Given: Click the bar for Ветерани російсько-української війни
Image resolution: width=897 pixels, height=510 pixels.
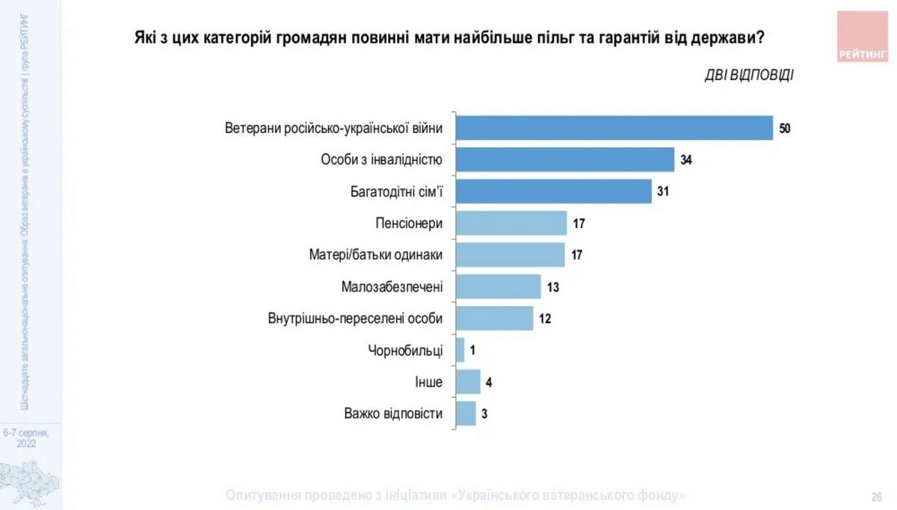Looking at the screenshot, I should click(x=614, y=128).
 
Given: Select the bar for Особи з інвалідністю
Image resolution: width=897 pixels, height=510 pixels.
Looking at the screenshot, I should click(x=565, y=159).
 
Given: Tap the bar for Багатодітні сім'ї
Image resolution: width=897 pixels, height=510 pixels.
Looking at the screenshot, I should click(x=553, y=191).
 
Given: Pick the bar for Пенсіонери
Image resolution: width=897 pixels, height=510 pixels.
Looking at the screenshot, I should click(x=511, y=223).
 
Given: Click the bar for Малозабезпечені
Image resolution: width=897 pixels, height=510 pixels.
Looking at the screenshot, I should click(x=498, y=286).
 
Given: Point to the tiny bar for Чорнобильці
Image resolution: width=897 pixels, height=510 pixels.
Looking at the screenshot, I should click(x=460, y=350).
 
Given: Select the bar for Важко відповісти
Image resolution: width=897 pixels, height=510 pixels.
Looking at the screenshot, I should click(x=465, y=414).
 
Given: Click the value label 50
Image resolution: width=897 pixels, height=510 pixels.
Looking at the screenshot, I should click(x=784, y=129).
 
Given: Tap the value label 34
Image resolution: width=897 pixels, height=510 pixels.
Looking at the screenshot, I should click(x=686, y=160).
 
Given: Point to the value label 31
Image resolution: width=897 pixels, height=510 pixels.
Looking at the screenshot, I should click(x=662, y=191).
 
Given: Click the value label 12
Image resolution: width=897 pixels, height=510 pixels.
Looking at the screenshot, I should click(x=545, y=319).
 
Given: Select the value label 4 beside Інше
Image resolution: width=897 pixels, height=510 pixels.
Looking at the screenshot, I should click(x=489, y=382).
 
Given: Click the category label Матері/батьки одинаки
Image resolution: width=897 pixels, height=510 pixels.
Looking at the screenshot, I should click(x=376, y=255).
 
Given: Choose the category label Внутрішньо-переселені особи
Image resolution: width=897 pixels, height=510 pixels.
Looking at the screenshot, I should click(x=355, y=319).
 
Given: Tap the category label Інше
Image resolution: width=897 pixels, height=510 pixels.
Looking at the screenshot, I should click(x=429, y=382).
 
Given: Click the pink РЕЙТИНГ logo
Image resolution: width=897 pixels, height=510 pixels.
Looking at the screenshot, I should click(x=862, y=37).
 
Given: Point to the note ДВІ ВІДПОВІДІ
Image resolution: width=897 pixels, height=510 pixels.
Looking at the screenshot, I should click(x=749, y=75).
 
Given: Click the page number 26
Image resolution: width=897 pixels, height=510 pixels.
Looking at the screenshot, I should click(x=877, y=497).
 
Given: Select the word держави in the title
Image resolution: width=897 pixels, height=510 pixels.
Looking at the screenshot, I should click(x=722, y=37).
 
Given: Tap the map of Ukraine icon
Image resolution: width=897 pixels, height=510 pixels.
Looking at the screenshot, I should click(x=30, y=482).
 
